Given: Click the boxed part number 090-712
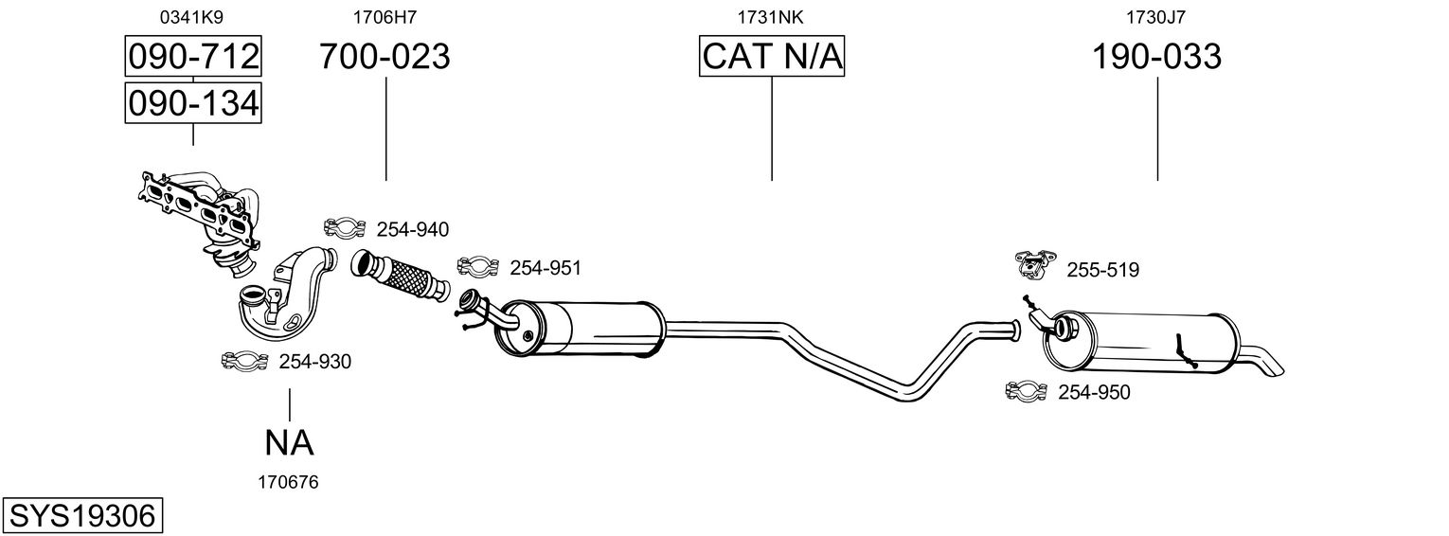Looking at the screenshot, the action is pos(193,57).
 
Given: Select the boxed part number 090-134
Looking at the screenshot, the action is pos(193,102).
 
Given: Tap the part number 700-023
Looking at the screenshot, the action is pos(385,57).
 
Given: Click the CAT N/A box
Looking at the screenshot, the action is pos(772,57).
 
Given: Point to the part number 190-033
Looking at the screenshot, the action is pos(1157,57).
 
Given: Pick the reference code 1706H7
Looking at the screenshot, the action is pos(385,16).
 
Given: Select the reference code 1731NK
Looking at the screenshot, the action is pos(771,16).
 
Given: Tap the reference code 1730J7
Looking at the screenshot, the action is pos(1157,16).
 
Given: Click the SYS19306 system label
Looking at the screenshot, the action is pos(81,516).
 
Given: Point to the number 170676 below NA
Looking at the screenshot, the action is pos(288,482).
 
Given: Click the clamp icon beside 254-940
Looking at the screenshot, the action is pos(345,228).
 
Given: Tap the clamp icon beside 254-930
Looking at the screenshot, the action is pos(244,361).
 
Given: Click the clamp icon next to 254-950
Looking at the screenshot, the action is pos(1026,391).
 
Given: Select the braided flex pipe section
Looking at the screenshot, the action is pos(402,277).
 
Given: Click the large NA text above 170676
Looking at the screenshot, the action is pos(289,442).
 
